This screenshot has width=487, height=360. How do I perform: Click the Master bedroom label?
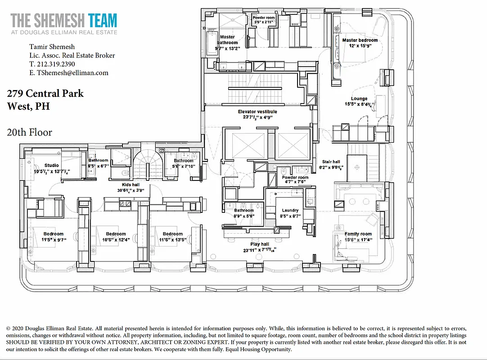point(360,40)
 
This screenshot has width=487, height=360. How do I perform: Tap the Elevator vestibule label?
point(257,112)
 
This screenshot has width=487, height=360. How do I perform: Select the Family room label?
point(358,234)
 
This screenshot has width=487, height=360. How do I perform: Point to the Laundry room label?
point(290,210)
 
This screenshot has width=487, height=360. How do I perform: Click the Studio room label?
point(51,165)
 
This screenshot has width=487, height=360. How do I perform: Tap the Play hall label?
point(258,244)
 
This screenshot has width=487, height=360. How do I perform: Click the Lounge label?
point(359,99)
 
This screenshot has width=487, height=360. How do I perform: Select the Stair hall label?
point(331,162)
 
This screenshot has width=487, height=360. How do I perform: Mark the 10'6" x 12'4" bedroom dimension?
point(116,240)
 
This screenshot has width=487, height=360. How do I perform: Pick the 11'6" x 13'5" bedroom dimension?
point(173,240)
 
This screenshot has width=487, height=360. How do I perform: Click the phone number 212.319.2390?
point(52,64)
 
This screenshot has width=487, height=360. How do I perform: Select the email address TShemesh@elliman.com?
point(69,72)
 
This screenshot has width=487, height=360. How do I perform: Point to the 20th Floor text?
point(29,132)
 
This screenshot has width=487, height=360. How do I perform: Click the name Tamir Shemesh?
point(52,47)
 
